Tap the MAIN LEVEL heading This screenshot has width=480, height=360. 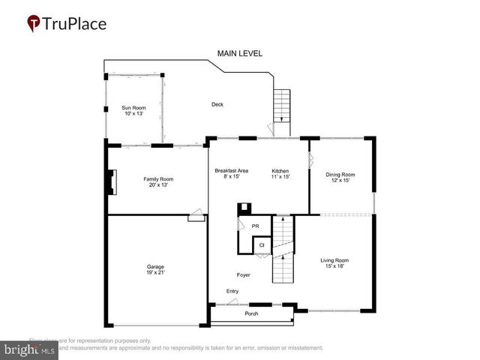[x=240, y=53]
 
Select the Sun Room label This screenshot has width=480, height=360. [x=134, y=108]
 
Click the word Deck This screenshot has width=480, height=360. [x=217, y=104]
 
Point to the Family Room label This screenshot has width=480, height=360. [x=158, y=179]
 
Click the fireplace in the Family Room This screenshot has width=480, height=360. [x=113, y=182]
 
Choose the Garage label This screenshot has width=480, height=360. [x=156, y=267]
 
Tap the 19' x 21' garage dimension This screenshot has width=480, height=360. [x=156, y=274]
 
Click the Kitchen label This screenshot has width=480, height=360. [x=280, y=171]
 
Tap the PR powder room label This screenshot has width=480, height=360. [x=256, y=226]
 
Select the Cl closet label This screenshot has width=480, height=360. [x=262, y=244]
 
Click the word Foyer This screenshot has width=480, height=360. [x=243, y=275]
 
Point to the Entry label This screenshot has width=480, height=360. [x=232, y=291]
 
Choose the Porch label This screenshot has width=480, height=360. [x=252, y=313]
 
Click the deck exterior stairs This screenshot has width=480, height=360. [x=281, y=107]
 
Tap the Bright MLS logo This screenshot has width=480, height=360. [x=30, y=349]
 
